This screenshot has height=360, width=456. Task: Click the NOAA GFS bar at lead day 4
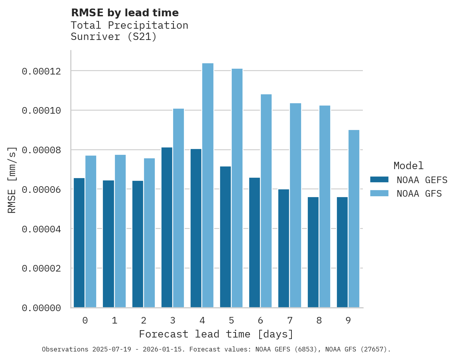pyautogui.click(x=208, y=185)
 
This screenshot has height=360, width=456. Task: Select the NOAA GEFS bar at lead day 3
pyautogui.click(x=167, y=227)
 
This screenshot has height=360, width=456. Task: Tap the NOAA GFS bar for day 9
pyautogui.click(x=354, y=219)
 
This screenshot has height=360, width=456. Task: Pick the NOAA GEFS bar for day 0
pyautogui.click(x=79, y=242)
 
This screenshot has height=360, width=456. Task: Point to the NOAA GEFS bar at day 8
pyautogui.click(x=313, y=252)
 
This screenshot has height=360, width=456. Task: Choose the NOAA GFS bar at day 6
pyautogui.click(x=266, y=201)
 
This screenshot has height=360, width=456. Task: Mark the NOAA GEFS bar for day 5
pyautogui.click(x=225, y=237)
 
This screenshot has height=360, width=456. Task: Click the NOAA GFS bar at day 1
pyautogui.click(x=120, y=231)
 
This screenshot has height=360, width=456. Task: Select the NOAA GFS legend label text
pyautogui.click(x=419, y=193)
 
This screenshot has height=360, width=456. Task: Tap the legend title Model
pyautogui.click(x=408, y=166)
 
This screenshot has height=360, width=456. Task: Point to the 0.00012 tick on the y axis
pyautogui.click(x=42, y=71)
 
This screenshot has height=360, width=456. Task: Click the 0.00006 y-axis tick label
pyautogui.click(x=42, y=190)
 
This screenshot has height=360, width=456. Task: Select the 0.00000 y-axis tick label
pyautogui.click(x=42, y=308)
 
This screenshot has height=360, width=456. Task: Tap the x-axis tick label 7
pyautogui.click(x=290, y=321)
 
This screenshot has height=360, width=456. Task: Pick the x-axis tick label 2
pyautogui.click(x=144, y=321)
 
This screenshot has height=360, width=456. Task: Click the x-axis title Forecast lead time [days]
pyautogui.click(x=216, y=334)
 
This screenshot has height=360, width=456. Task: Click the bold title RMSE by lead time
pyautogui.click(x=125, y=13)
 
